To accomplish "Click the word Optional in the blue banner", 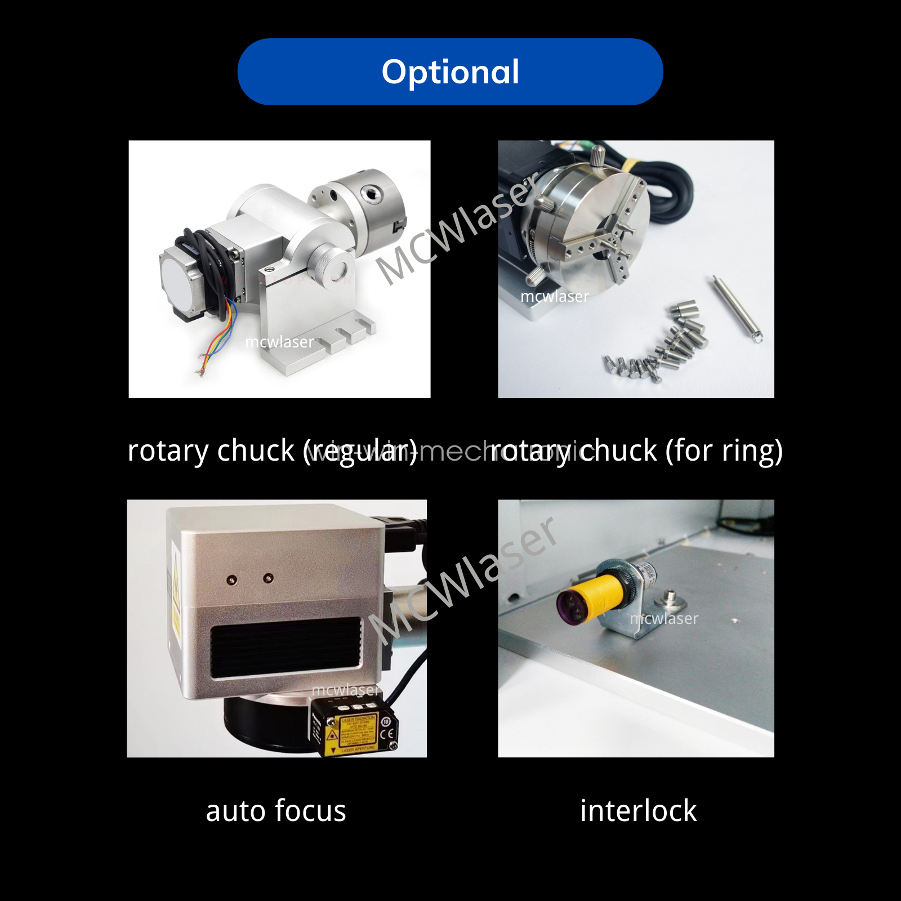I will [x=450, y=72].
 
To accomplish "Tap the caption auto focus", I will [x=276, y=811].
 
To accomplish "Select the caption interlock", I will [x=638, y=811].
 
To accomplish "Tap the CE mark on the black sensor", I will [x=387, y=734].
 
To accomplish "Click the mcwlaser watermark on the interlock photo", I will [x=664, y=618].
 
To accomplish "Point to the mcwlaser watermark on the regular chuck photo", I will [x=279, y=342].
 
